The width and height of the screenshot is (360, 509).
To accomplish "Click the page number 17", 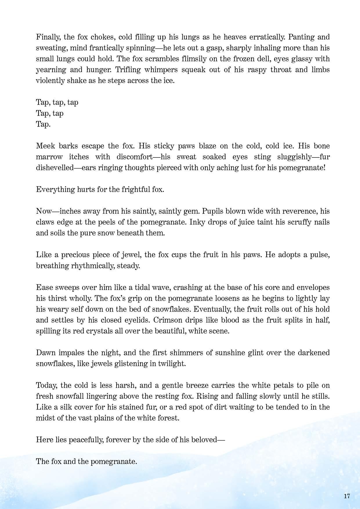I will [347, 496].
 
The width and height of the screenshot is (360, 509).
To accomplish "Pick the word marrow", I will [49, 157].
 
